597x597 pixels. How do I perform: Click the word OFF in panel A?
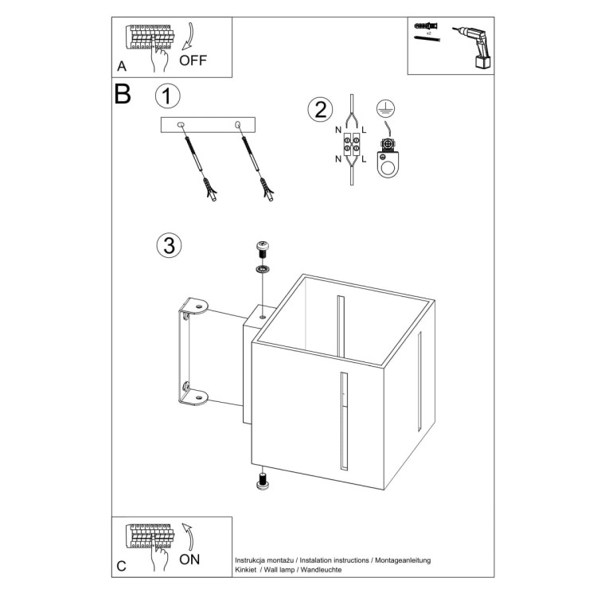pos(194,60)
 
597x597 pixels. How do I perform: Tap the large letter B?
pos(123,95)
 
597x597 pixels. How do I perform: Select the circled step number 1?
pos(167,96)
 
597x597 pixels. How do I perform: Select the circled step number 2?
pos(320,109)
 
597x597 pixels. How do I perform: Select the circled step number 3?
pos(167,245)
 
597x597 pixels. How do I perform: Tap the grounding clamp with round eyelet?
pos(390,159)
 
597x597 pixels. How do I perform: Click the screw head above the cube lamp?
pos(262,248)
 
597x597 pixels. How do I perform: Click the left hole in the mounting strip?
pos(181,124)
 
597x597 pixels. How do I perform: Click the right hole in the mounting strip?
pos(238,124)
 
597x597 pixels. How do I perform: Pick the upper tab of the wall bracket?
pos(195,306)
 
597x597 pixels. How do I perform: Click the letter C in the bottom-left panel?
pos(121,567)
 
